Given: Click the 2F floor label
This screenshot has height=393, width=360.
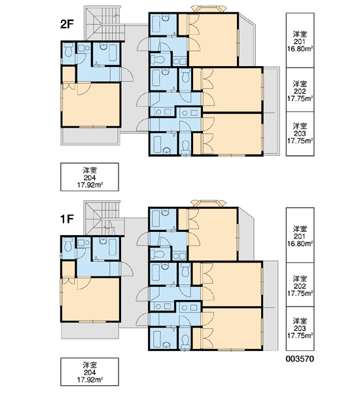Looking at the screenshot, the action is [67, 24].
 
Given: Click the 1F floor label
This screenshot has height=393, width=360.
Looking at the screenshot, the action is [67, 219].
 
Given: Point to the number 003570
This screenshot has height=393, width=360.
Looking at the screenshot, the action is [300, 359].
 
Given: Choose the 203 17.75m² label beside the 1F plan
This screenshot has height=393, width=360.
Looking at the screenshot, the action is [300, 329].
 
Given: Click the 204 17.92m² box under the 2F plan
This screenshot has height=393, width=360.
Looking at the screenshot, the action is [90, 177].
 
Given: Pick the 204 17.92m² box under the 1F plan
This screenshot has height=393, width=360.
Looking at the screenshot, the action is [90, 371].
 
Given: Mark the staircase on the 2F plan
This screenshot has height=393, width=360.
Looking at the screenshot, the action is [104, 23].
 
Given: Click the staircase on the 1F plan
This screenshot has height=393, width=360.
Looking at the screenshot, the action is [104, 218].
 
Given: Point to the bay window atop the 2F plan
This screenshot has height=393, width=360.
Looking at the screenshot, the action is [208, 9].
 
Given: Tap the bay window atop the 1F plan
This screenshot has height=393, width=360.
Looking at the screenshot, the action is [208, 203].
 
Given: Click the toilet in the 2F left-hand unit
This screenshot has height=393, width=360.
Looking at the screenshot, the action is [68, 50].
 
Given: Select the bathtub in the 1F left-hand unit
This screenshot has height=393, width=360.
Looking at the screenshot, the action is [113, 247].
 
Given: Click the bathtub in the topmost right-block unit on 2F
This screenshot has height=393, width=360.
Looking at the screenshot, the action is [156, 24].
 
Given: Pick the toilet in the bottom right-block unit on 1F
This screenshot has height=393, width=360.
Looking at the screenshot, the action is [185, 341].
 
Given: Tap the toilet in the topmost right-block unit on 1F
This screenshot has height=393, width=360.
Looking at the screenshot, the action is [158, 254].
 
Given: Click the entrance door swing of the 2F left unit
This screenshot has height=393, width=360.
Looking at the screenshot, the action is [127, 74].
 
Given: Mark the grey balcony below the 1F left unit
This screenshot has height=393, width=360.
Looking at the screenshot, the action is [90, 330].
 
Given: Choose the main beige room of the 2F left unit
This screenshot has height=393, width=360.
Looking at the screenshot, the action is [91, 105].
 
